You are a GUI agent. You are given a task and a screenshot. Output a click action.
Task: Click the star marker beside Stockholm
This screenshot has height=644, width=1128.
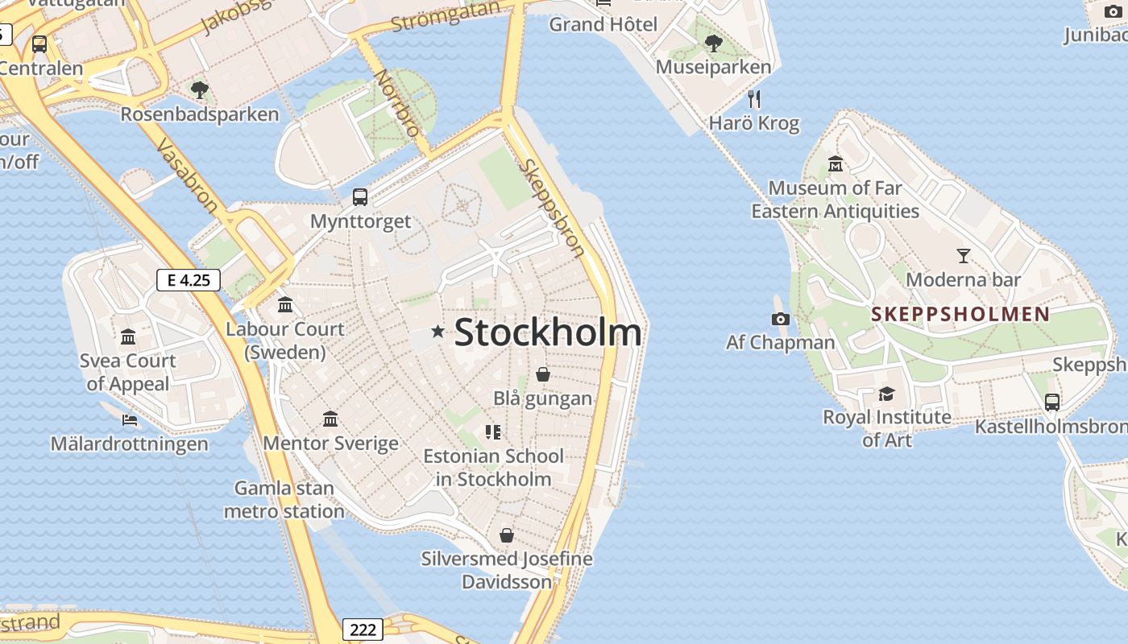438,331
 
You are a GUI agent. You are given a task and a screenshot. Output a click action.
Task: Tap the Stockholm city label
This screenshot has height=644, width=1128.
548,332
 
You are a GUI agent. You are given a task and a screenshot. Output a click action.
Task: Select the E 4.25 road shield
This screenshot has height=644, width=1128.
188,280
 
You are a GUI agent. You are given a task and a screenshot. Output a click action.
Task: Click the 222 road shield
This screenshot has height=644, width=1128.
363,630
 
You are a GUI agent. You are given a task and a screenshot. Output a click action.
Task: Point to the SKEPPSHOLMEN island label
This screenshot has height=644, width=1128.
960,314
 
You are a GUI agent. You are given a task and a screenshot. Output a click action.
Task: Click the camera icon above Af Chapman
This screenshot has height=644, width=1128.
780,320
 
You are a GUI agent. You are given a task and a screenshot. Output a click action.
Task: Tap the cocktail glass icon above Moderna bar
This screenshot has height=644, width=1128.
963,256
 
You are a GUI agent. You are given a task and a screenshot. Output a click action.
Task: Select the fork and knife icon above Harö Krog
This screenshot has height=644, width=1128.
754,99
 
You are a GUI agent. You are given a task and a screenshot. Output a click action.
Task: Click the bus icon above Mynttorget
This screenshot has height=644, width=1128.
360,196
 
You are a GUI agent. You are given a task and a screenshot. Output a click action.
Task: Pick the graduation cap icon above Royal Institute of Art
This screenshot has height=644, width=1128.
886,394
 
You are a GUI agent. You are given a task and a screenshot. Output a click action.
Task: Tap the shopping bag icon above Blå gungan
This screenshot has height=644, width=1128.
543,374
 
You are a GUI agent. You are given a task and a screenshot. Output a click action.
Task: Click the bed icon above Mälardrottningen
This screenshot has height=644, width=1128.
129,419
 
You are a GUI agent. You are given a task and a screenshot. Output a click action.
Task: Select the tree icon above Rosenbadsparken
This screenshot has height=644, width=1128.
199,90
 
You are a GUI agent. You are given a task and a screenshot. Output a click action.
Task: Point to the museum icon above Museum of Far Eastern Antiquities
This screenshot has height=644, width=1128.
835,163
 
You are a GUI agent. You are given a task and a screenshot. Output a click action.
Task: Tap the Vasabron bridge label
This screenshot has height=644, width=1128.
186,175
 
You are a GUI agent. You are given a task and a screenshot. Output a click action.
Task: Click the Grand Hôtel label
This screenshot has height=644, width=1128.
603,24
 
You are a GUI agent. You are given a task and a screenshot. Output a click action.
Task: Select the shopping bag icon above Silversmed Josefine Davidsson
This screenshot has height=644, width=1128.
506,535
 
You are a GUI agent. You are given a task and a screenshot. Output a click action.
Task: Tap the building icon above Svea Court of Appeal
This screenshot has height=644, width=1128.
128,336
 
